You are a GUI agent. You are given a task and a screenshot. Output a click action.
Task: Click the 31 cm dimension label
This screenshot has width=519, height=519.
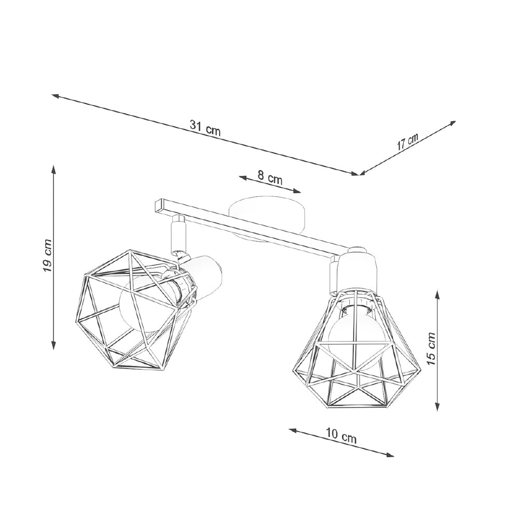click(x=205, y=128)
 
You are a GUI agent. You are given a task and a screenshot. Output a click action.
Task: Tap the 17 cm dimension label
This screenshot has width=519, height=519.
click(x=407, y=142)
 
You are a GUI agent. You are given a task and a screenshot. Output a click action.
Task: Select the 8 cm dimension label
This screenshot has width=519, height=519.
click(x=270, y=178)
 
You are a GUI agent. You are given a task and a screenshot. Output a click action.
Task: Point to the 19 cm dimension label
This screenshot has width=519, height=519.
click(x=47, y=255)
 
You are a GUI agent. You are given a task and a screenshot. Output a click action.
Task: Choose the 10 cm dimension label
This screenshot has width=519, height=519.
click(x=341, y=436)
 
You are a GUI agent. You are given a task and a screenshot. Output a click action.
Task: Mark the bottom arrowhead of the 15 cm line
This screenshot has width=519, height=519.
click(x=438, y=408)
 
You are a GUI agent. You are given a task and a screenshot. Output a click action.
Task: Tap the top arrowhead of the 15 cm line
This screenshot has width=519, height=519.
click(x=438, y=294)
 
